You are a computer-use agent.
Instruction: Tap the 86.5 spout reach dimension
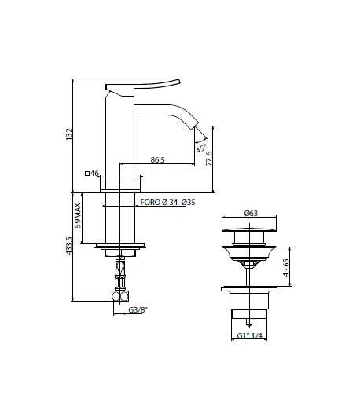157,159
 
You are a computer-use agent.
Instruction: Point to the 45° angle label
202,146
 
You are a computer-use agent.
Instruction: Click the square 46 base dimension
90,173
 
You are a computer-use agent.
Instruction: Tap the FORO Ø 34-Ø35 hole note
168,202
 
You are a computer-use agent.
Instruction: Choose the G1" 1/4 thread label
251,337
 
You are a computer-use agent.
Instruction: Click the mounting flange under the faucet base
120,249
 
